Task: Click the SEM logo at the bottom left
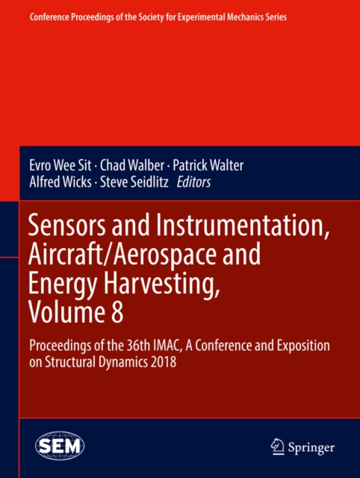pyautogui.click(x=60, y=446)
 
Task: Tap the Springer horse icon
pyautogui.click(x=278, y=446)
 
